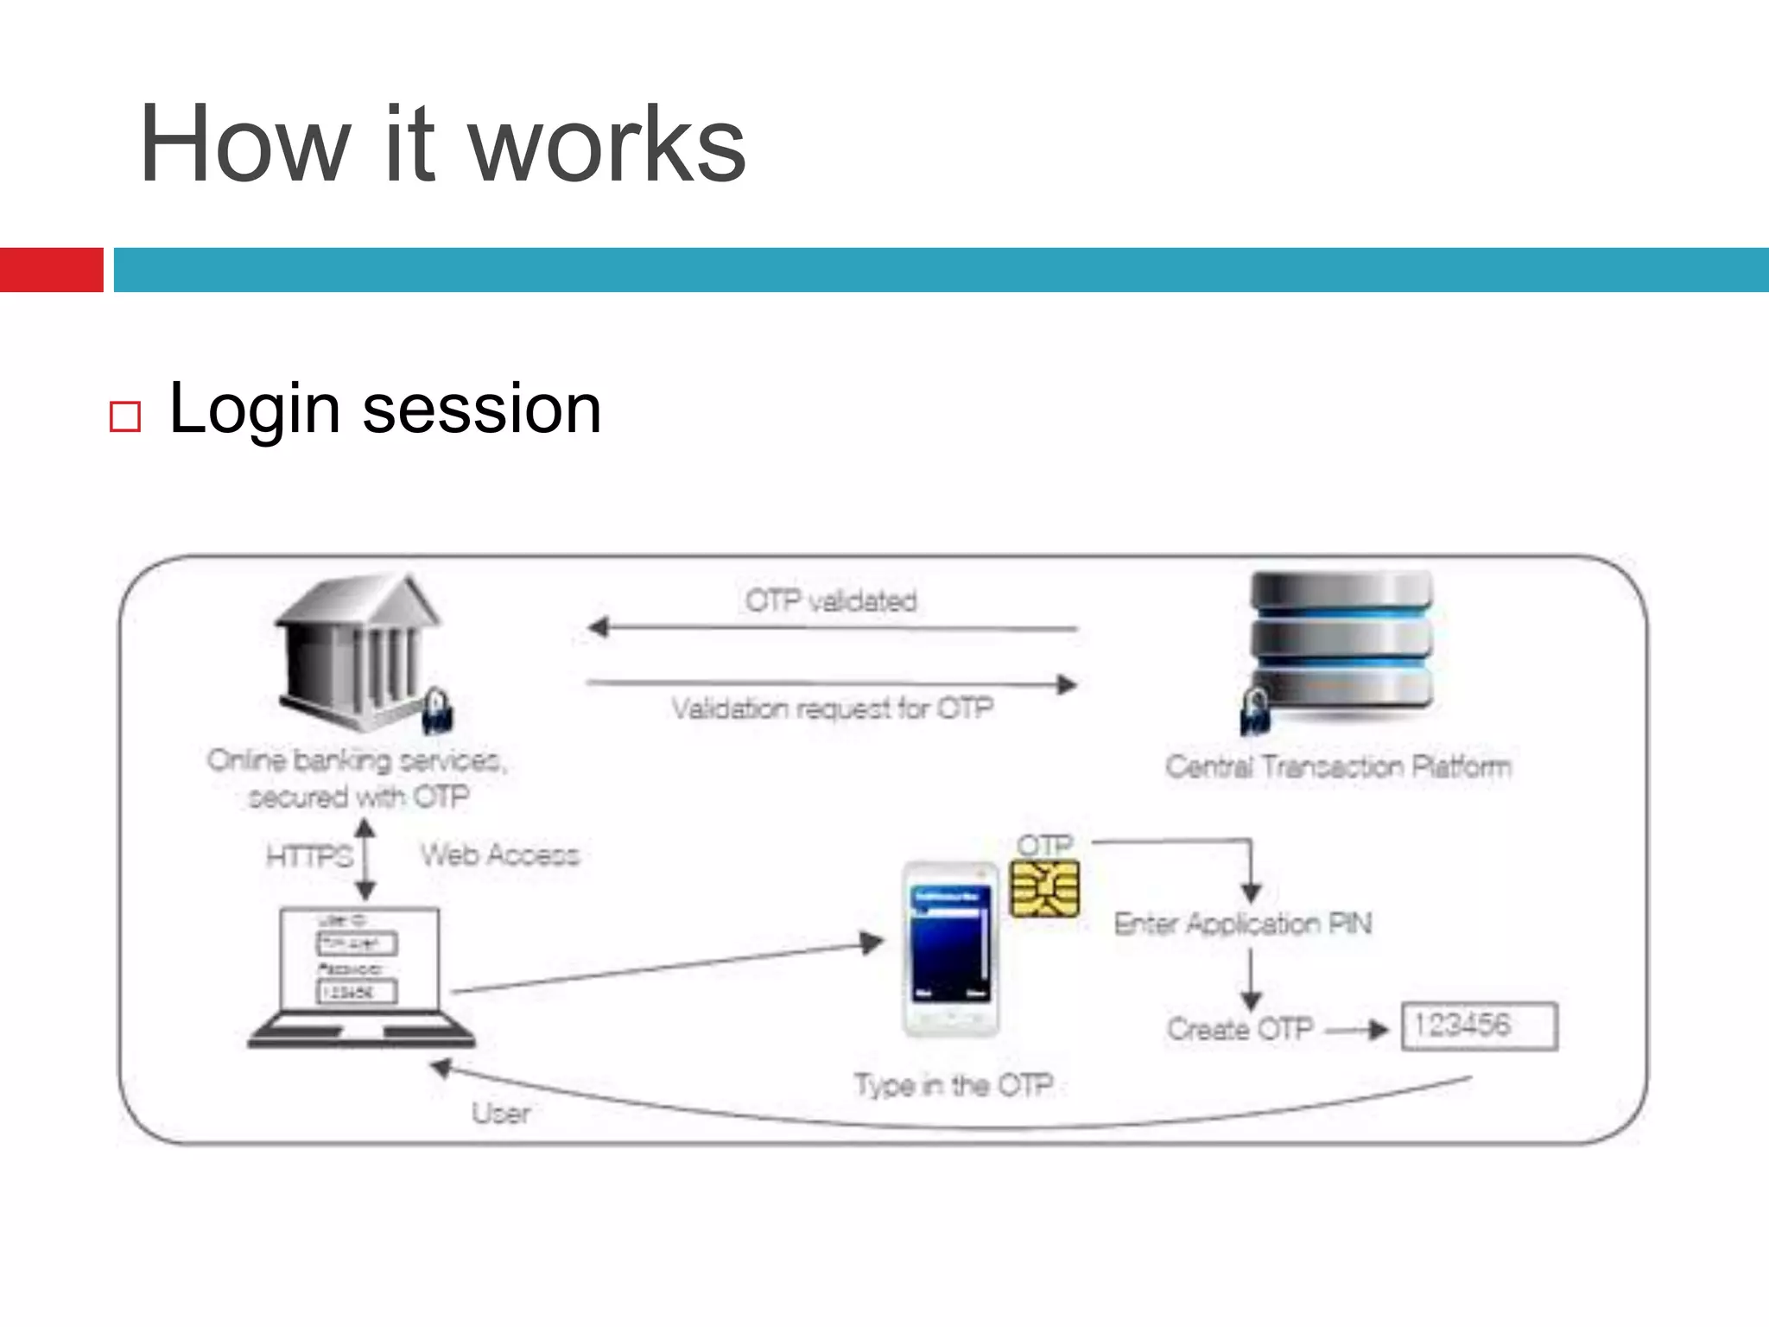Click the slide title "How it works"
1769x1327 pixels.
(x=442, y=144)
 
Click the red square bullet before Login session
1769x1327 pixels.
(x=125, y=416)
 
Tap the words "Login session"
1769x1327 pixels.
(x=384, y=409)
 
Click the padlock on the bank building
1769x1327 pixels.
(x=438, y=710)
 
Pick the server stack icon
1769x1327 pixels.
(x=1341, y=644)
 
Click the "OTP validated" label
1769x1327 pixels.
(x=831, y=600)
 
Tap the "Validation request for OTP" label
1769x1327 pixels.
(x=833, y=708)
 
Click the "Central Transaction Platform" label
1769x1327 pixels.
(x=1338, y=766)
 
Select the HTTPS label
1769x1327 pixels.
(x=309, y=856)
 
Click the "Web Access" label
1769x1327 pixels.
(x=500, y=855)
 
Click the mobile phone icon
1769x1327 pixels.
(x=950, y=949)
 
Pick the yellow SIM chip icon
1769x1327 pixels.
(x=1045, y=889)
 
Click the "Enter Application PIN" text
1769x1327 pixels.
(x=1242, y=924)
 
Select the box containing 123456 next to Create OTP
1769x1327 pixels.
(x=1479, y=1026)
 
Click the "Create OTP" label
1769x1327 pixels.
(x=1240, y=1029)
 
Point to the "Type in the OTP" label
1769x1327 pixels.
(x=954, y=1085)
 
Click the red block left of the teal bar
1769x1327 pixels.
(x=51, y=270)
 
